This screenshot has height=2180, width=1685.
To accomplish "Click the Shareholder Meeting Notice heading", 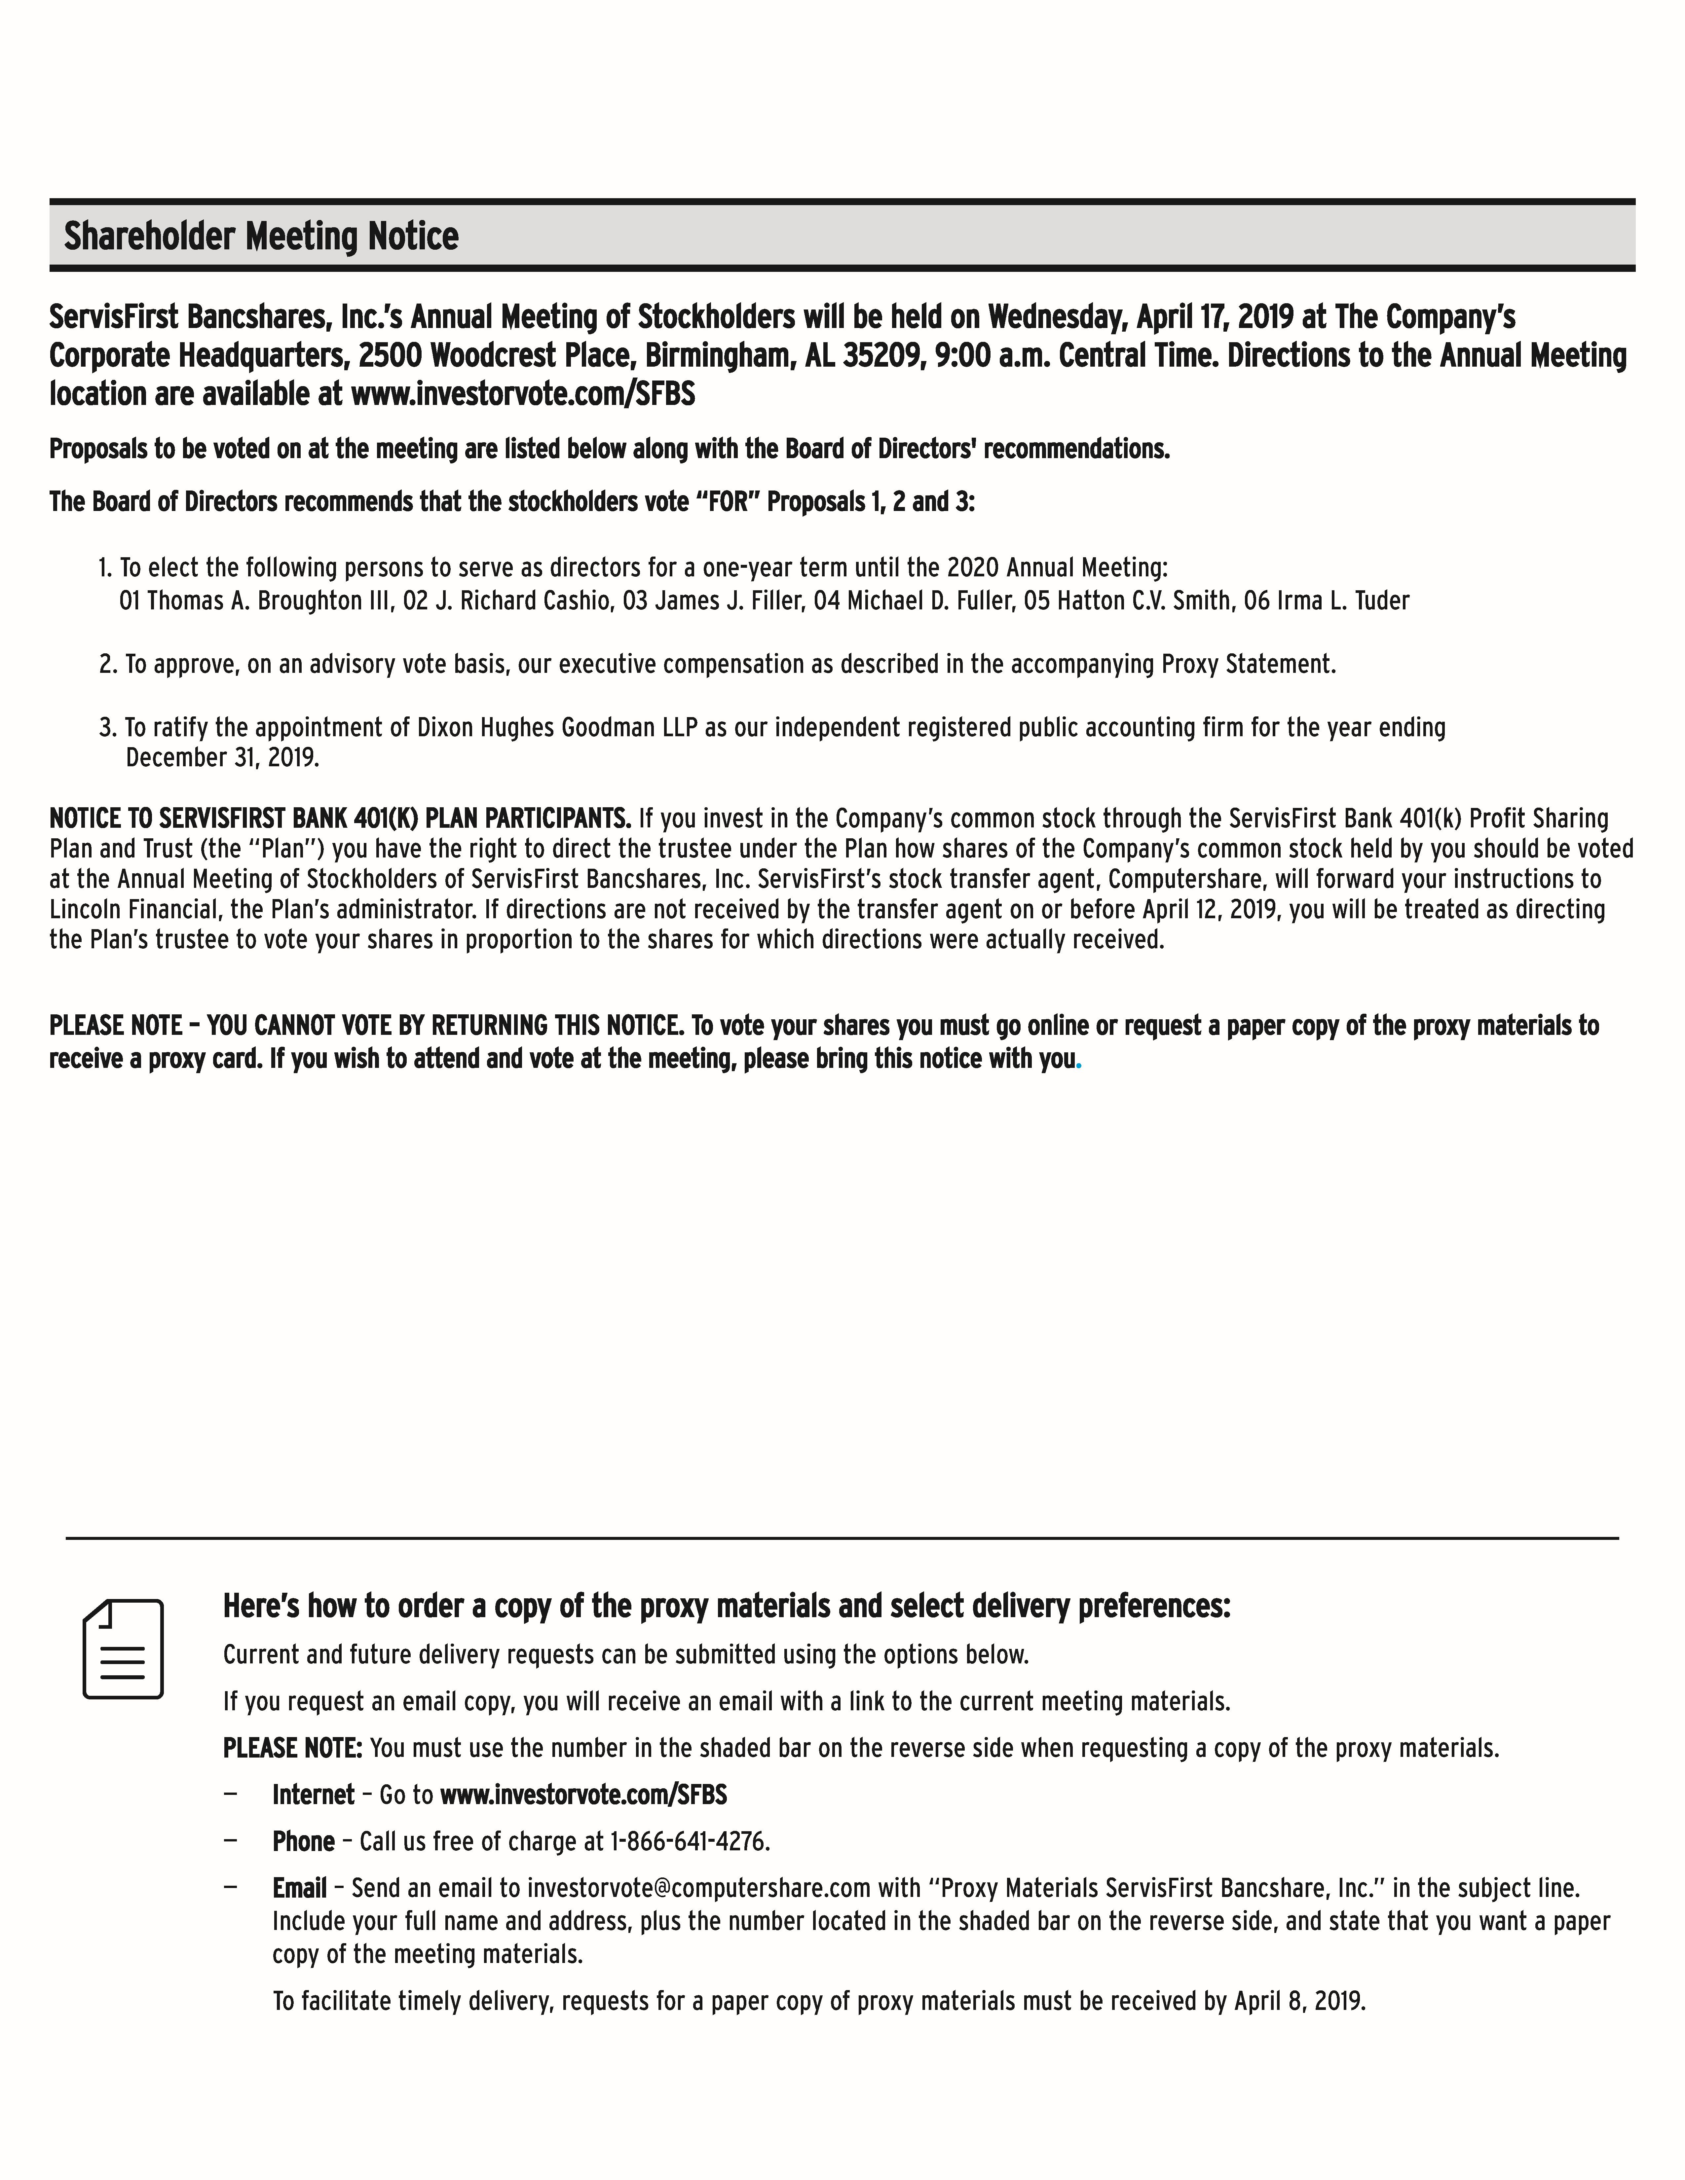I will click(262, 236).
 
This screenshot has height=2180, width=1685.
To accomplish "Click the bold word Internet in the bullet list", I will click(314, 1795).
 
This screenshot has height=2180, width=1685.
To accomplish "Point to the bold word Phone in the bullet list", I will click(303, 1842).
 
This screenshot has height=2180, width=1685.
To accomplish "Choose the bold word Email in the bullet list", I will click(299, 1889).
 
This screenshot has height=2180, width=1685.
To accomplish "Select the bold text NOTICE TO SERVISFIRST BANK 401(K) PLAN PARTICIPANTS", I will click(339, 818).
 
